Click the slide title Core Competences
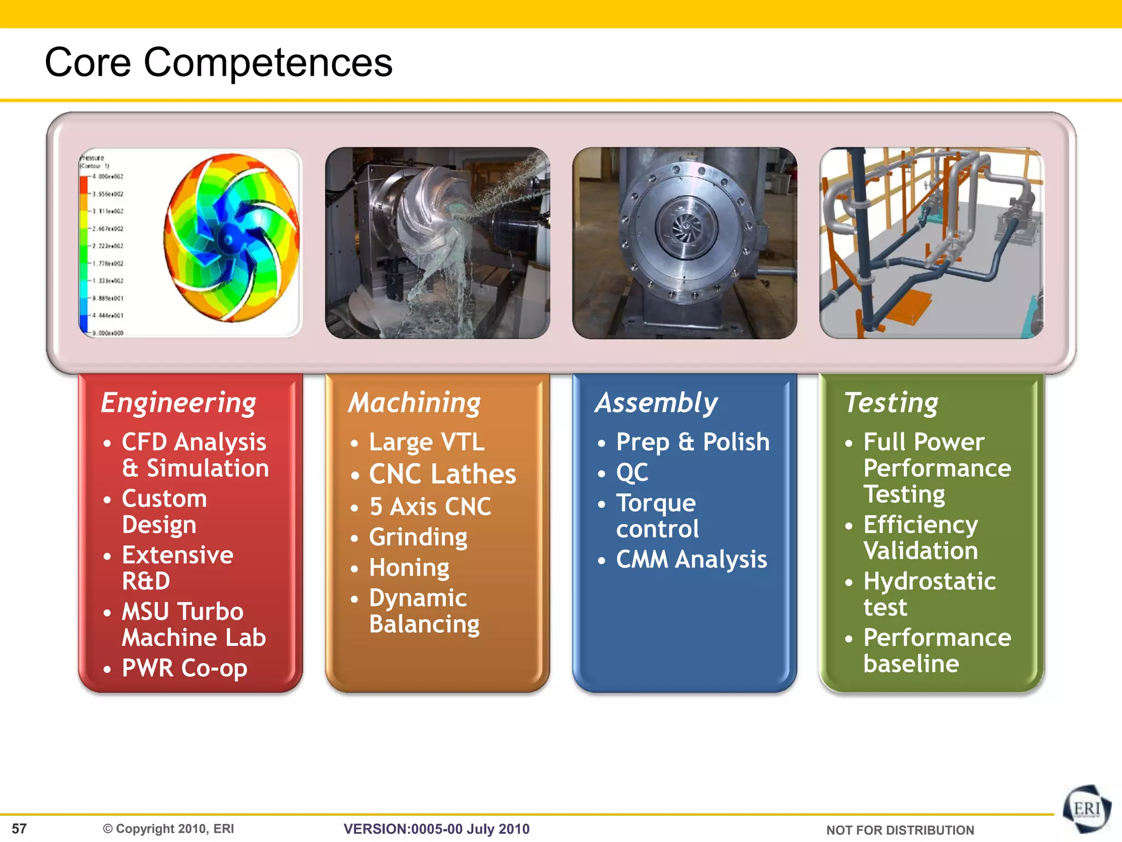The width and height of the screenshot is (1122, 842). (x=218, y=62)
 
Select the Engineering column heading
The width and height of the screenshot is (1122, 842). (x=179, y=403)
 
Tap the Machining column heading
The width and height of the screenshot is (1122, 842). (x=415, y=403)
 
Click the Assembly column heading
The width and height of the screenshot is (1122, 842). (x=656, y=403)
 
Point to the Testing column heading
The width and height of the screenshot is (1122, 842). (x=891, y=403)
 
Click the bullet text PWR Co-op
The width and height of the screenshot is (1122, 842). (x=184, y=668)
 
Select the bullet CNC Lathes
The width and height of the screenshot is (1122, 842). (x=442, y=474)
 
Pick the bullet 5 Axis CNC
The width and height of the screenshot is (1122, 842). (x=430, y=507)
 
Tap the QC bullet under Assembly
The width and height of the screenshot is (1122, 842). (x=632, y=473)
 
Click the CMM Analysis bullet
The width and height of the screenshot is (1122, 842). (x=691, y=560)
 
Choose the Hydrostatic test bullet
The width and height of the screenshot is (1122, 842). (x=929, y=594)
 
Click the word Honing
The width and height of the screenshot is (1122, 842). (x=409, y=567)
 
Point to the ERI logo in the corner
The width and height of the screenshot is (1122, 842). (x=1086, y=809)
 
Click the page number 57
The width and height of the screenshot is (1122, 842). (x=19, y=828)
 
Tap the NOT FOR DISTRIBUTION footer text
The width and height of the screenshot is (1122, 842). (x=900, y=830)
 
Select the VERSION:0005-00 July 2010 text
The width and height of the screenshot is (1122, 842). (x=436, y=829)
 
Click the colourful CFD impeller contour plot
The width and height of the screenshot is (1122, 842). (x=232, y=237)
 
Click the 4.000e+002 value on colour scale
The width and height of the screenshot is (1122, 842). (x=108, y=177)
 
